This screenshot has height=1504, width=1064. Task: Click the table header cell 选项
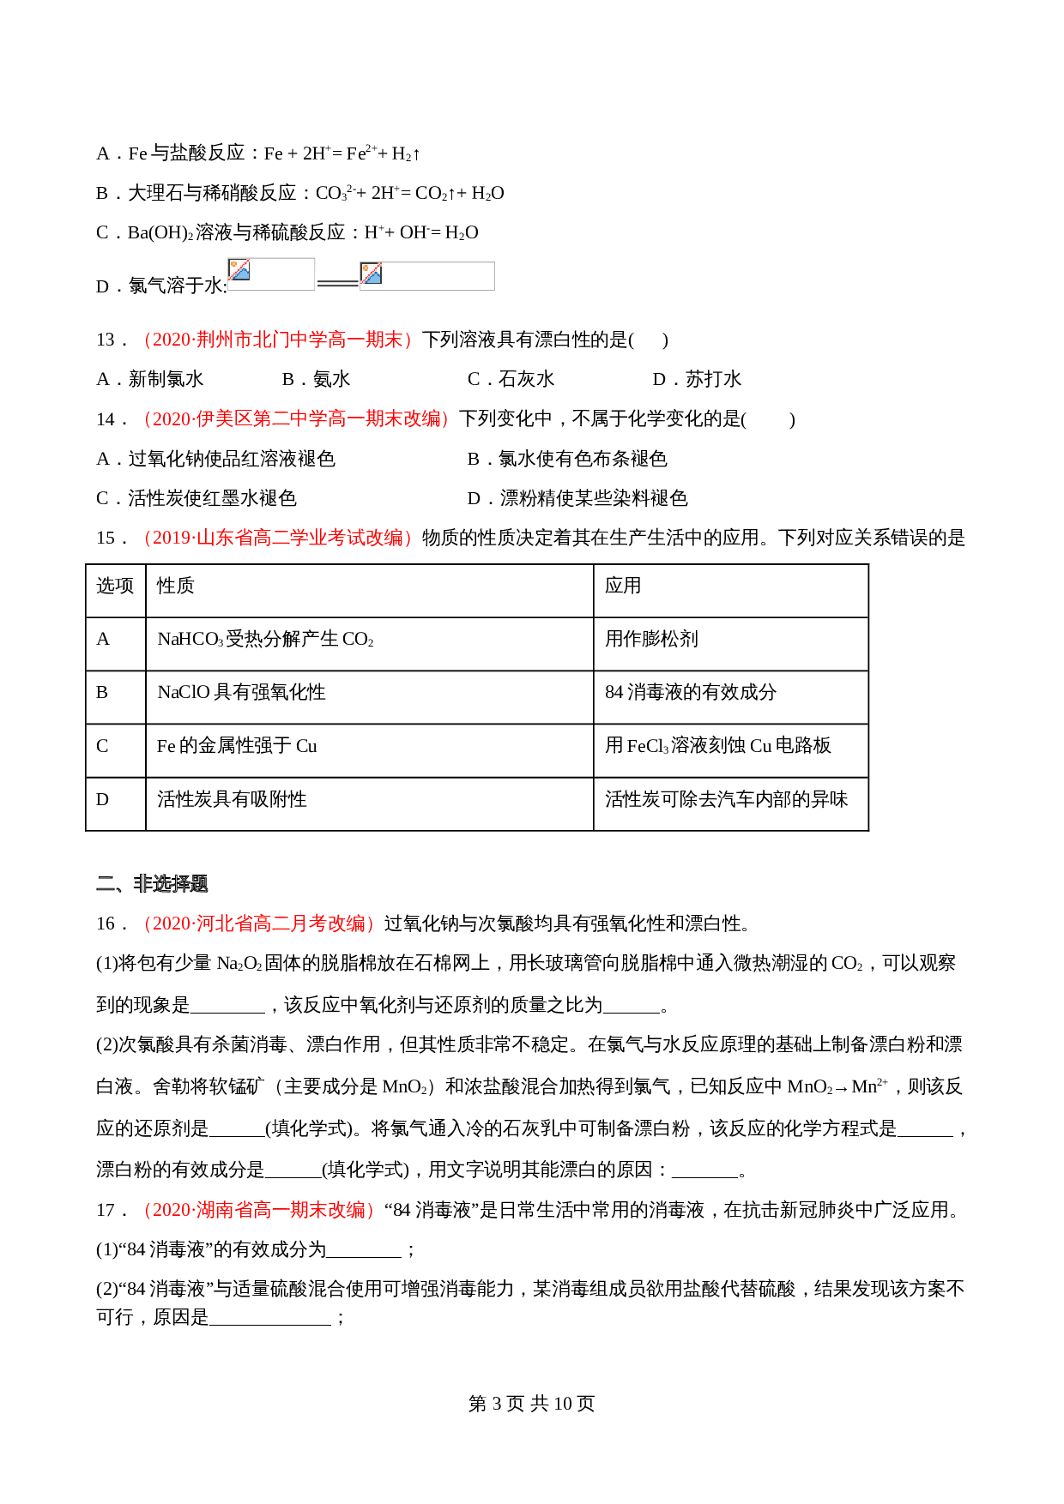115,586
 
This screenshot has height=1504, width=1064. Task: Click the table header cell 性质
176,586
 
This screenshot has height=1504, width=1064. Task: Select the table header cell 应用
623,586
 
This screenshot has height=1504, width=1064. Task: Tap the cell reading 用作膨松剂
651,639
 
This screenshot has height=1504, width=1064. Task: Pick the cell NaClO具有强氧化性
241,692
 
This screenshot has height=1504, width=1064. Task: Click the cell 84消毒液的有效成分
690,692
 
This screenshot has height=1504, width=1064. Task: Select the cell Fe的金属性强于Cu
237,746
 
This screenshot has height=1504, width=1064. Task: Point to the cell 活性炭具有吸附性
232,799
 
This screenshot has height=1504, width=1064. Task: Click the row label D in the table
103,799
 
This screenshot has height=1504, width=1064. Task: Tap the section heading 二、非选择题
152,883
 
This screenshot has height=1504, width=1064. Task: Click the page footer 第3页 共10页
531,1404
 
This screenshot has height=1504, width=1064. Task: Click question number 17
106,1210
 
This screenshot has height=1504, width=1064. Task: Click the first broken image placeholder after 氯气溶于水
271,274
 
